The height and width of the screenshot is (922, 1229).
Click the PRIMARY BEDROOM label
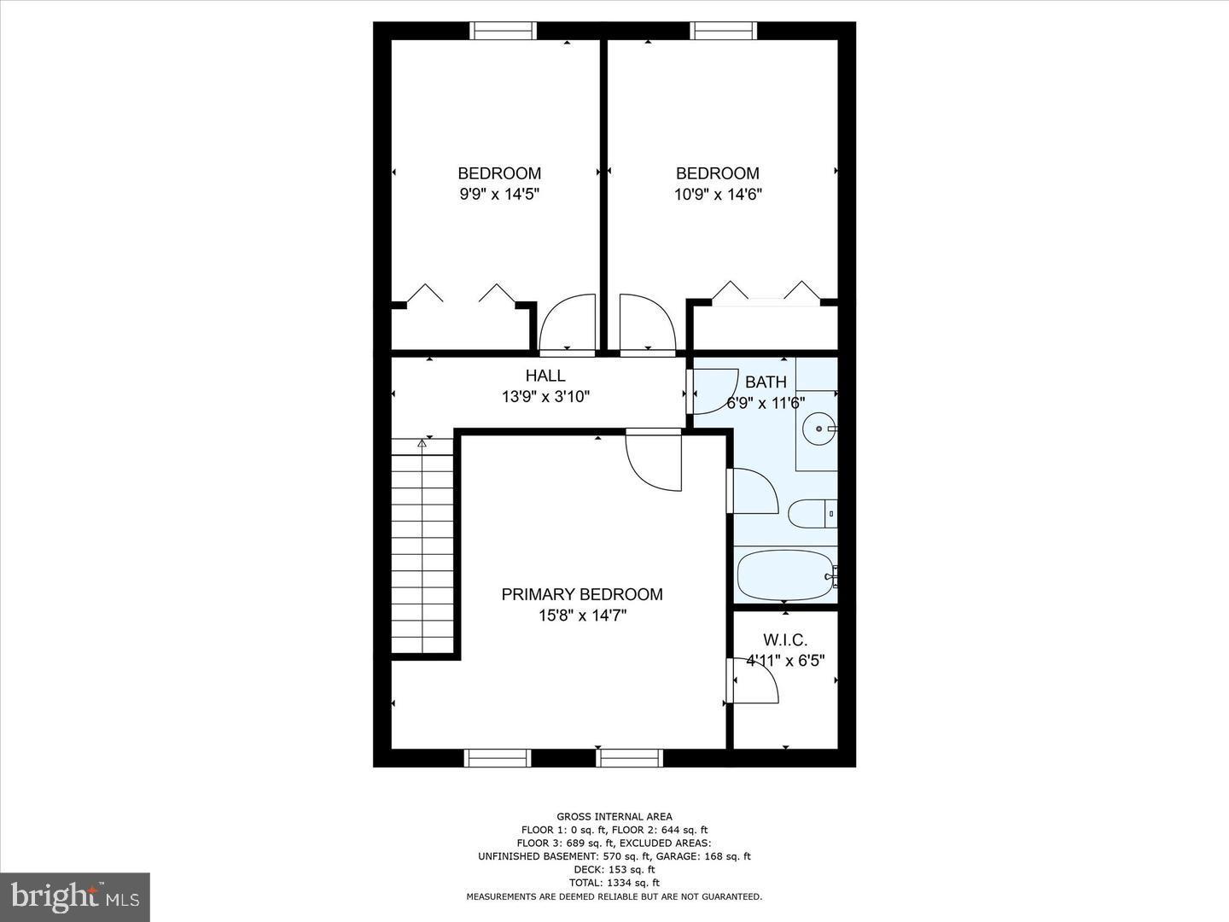[581, 594]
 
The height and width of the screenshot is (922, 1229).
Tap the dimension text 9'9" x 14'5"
[499, 194]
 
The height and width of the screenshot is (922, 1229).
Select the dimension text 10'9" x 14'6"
[717, 194]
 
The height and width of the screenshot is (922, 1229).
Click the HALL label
[545, 376]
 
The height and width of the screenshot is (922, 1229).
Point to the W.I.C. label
[785, 639]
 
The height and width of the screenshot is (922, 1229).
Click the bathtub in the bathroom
[784, 575]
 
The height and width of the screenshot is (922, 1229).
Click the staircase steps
[422, 546]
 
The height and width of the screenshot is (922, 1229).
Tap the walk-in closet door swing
[754, 680]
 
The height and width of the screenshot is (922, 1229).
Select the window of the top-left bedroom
[504, 31]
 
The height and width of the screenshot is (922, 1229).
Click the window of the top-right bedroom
[724, 31]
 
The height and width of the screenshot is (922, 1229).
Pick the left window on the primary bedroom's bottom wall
[498, 757]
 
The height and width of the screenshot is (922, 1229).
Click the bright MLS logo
[75, 896]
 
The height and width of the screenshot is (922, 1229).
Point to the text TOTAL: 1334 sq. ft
[614, 883]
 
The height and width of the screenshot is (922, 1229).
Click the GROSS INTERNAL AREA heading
[614, 816]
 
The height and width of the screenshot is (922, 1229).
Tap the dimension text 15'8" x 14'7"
[581, 616]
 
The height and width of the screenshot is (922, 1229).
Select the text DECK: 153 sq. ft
[614, 869]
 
